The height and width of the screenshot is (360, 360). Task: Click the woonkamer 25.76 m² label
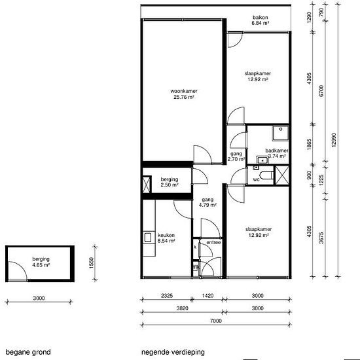pos(184,94)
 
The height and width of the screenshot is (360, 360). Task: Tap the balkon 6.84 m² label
pos(260,20)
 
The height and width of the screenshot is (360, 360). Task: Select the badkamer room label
pos(277,153)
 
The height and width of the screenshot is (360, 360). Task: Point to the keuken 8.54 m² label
pos(166,238)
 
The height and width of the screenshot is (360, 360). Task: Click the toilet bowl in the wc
pos(268,175)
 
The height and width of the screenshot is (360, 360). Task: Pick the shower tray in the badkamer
pos(281,133)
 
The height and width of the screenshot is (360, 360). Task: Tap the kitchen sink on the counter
pos(147,238)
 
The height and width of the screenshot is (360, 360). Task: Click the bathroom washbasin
pos(262,160)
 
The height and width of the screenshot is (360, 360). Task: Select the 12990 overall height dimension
pos(334,140)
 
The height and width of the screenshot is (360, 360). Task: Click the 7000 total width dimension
pos(216,321)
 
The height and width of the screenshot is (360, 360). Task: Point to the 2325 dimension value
pos(167,295)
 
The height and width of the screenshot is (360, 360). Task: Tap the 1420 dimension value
pos(207,295)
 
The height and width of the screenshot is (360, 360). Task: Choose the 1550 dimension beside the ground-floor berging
pos(92,263)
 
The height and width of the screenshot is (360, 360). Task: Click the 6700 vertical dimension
pos(321,91)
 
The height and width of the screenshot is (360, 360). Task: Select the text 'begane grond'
pos(28,352)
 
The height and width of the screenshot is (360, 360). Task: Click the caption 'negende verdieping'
pos(173,352)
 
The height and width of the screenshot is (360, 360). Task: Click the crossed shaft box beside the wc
pos(281,175)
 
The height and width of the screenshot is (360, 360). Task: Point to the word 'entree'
pos(213,242)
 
